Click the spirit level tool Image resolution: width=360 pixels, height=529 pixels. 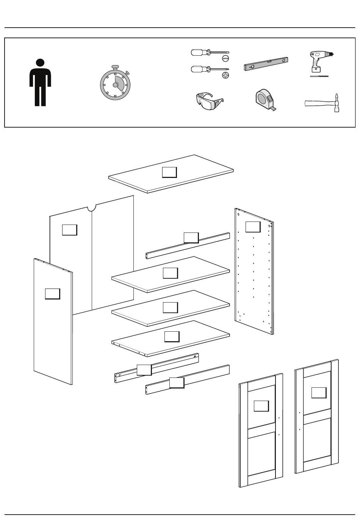click(x=266, y=64)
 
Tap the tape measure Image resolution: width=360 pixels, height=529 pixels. click(x=265, y=100)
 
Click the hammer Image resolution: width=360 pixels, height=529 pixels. click(x=322, y=103)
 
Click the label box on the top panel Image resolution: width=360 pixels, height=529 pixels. click(x=169, y=172)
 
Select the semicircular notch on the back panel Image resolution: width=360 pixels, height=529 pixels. click(x=91, y=208)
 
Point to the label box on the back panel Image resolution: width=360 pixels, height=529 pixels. click(x=69, y=229)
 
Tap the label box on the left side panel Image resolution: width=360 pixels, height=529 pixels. click(x=52, y=293)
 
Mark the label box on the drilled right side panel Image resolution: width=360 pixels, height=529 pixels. click(x=253, y=226)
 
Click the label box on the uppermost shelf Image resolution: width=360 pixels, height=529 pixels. click(x=170, y=273)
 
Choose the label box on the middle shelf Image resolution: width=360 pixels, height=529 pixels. click(x=170, y=307)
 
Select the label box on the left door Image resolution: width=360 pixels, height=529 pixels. click(x=261, y=406)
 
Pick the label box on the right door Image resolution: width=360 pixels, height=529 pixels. click(x=319, y=393)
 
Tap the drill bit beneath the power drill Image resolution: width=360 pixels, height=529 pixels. click(x=319, y=76)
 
